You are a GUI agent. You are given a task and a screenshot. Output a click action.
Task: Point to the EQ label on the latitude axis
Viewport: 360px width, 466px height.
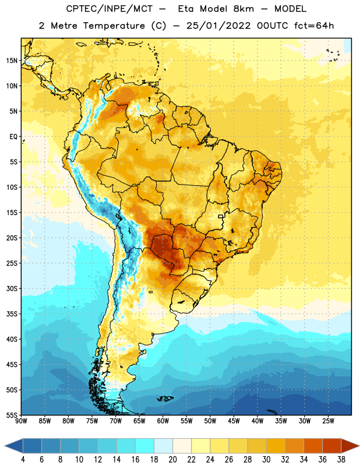point(13,137)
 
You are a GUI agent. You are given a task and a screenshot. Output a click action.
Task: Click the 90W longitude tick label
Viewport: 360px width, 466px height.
point(21,421)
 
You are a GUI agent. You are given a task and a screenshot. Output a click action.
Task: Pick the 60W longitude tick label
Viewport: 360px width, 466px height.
point(163,421)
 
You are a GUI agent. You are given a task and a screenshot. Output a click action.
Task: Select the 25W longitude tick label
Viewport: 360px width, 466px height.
point(329,421)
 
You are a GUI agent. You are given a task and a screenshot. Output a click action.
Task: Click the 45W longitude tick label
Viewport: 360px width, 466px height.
point(234,421)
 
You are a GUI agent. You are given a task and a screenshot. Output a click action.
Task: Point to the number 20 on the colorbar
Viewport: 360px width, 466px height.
point(172,460)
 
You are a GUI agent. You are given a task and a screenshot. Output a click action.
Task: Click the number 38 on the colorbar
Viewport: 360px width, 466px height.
point(341,460)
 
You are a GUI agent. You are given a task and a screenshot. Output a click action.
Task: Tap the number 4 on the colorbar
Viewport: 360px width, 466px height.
point(23,460)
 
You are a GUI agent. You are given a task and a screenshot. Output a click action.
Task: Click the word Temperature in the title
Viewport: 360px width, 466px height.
point(114,26)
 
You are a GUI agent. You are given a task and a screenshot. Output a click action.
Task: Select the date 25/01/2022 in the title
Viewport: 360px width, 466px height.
point(219,26)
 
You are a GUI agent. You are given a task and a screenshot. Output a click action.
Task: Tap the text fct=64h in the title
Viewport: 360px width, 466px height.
point(314,26)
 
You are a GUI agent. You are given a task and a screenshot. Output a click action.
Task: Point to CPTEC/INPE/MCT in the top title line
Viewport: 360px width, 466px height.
point(110,9)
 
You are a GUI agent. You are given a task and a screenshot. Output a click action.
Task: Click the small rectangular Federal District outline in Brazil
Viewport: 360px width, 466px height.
point(221,216)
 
